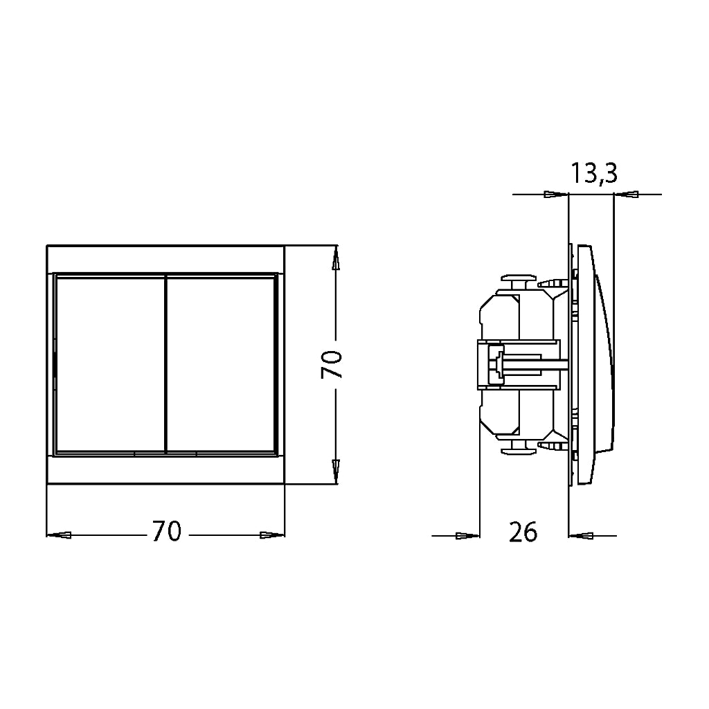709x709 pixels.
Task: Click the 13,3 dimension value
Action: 593,172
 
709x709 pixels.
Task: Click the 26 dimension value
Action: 523,532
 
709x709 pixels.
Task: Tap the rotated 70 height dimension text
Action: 332,364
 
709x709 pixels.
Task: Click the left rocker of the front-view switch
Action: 110,365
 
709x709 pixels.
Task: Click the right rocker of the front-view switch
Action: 221,365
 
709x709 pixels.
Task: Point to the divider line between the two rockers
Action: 166,364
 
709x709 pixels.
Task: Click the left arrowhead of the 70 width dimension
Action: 59,535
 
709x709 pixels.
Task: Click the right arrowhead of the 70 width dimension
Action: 273,535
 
